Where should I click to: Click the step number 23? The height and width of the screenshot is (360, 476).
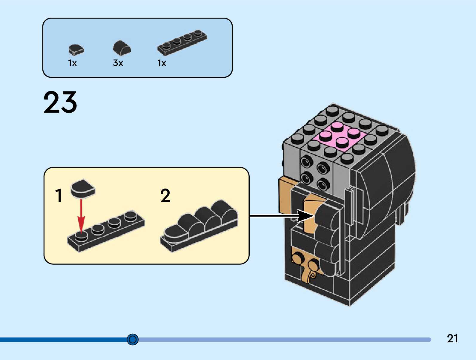[x=60, y=102]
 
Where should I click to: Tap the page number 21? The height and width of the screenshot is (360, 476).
[x=452, y=338]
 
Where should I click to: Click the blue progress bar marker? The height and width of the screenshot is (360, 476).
[x=133, y=339]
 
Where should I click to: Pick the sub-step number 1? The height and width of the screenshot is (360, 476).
[x=59, y=196]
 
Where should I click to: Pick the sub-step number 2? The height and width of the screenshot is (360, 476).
[x=165, y=196]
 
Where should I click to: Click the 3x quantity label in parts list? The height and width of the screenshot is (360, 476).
[x=118, y=63]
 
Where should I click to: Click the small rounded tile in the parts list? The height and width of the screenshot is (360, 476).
[x=76, y=50]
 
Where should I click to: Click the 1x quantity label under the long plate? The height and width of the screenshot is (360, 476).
[x=162, y=63]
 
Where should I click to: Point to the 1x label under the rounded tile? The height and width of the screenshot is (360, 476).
[x=72, y=63]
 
